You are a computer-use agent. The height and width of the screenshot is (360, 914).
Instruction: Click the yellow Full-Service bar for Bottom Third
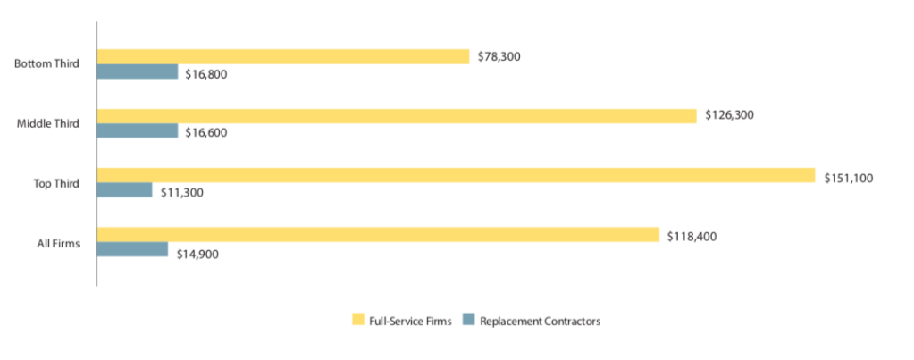(282, 56)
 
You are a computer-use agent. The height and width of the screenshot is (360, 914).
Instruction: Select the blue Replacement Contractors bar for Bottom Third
(138, 71)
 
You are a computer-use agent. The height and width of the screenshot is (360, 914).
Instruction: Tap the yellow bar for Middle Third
(396, 116)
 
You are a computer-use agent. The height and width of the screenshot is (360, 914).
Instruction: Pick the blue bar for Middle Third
(138, 130)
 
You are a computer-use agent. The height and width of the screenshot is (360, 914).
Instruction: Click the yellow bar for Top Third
(456, 175)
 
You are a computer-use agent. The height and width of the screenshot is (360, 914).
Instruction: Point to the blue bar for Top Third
(124, 190)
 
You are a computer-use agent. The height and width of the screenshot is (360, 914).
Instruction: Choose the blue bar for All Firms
(132, 249)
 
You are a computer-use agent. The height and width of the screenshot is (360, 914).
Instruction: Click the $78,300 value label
(499, 56)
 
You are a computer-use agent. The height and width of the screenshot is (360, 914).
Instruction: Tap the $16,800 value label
(206, 73)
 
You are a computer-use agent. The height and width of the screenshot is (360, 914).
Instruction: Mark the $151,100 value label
(849, 177)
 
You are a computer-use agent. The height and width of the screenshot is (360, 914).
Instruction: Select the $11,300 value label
(181, 191)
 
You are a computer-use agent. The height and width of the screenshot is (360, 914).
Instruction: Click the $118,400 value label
(692, 236)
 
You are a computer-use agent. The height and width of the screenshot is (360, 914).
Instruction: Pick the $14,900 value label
(197, 253)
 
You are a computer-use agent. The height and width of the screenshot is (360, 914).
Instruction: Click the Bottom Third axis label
(47, 64)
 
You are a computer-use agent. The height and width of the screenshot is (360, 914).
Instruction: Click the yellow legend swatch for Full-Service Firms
(358, 320)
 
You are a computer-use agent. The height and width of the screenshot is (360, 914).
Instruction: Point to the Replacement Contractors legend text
(540, 321)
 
